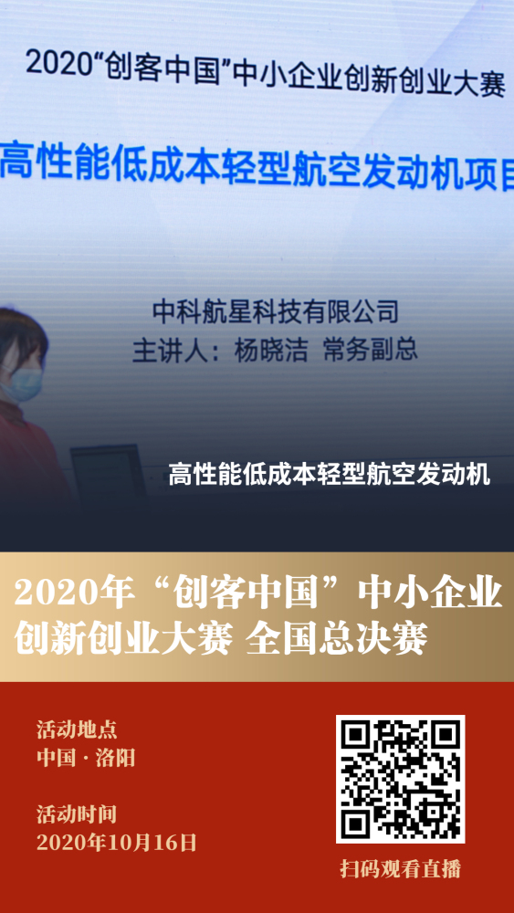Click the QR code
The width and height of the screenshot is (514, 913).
pos(400,779)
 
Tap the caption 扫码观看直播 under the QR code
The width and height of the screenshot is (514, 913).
pos(401,869)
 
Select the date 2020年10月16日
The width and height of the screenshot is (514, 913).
pos(117,842)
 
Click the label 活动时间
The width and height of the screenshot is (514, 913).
pos(77,814)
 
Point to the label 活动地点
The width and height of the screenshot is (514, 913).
pos(77,729)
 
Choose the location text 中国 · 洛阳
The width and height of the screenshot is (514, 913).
pos(86,758)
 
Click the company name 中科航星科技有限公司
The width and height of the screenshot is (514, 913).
pos(276,311)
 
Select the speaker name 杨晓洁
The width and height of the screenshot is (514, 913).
pos(270,350)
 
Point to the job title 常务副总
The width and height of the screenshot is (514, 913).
pos(371,350)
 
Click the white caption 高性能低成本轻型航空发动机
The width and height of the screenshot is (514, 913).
pos(330,475)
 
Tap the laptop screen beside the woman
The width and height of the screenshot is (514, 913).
pos(109,468)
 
